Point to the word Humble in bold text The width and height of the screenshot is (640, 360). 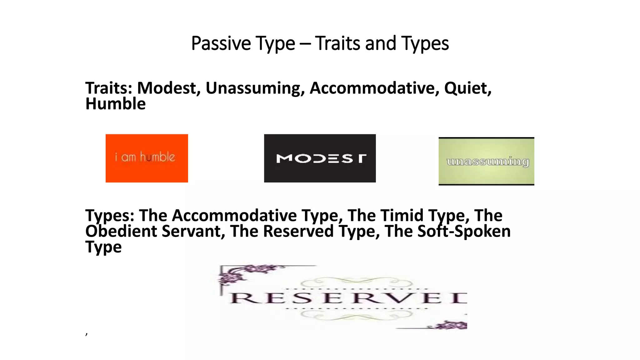point(115,104)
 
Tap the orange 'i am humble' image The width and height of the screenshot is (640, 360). point(147,158)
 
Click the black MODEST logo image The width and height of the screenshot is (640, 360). point(320,158)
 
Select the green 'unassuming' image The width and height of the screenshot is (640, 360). point(486,161)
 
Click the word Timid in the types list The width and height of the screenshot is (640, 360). point(403,215)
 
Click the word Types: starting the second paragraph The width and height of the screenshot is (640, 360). point(110,215)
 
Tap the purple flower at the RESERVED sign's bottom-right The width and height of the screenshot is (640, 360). point(450,325)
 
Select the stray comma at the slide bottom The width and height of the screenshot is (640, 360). point(87,333)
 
